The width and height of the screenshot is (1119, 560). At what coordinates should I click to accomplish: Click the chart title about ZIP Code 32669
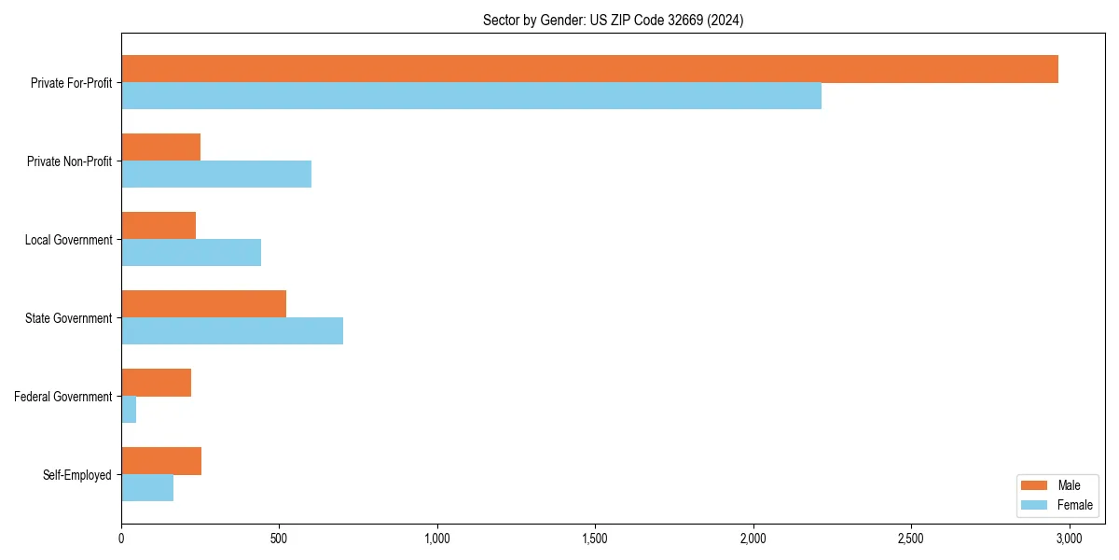[613, 20]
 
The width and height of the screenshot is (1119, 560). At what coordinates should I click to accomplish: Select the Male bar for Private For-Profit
[589, 69]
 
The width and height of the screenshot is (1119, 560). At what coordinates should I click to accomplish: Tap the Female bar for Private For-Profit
[471, 96]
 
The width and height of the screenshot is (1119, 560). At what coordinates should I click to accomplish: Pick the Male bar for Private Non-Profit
[160, 147]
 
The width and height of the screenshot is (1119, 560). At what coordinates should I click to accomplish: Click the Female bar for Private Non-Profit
[216, 175]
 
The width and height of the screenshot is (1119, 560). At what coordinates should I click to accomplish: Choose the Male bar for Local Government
[159, 226]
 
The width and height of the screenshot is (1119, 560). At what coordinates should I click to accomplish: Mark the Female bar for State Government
[232, 331]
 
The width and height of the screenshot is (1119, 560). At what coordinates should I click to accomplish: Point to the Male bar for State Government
[203, 304]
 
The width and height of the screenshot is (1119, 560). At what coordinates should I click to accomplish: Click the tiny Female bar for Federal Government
[129, 410]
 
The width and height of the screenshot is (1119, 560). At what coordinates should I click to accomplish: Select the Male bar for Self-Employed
[161, 461]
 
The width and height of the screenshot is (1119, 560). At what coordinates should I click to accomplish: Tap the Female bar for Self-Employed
[147, 488]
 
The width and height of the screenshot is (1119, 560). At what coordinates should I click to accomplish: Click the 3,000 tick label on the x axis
[1069, 539]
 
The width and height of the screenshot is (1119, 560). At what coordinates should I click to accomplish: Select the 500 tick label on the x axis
[279, 539]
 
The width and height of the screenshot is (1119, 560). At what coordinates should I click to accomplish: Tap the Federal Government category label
[62, 397]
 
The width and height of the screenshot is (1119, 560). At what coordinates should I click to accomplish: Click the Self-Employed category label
[76, 475]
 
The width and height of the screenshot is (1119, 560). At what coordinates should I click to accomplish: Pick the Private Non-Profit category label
[69, 161]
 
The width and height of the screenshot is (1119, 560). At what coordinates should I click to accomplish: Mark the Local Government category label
[68, 240]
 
